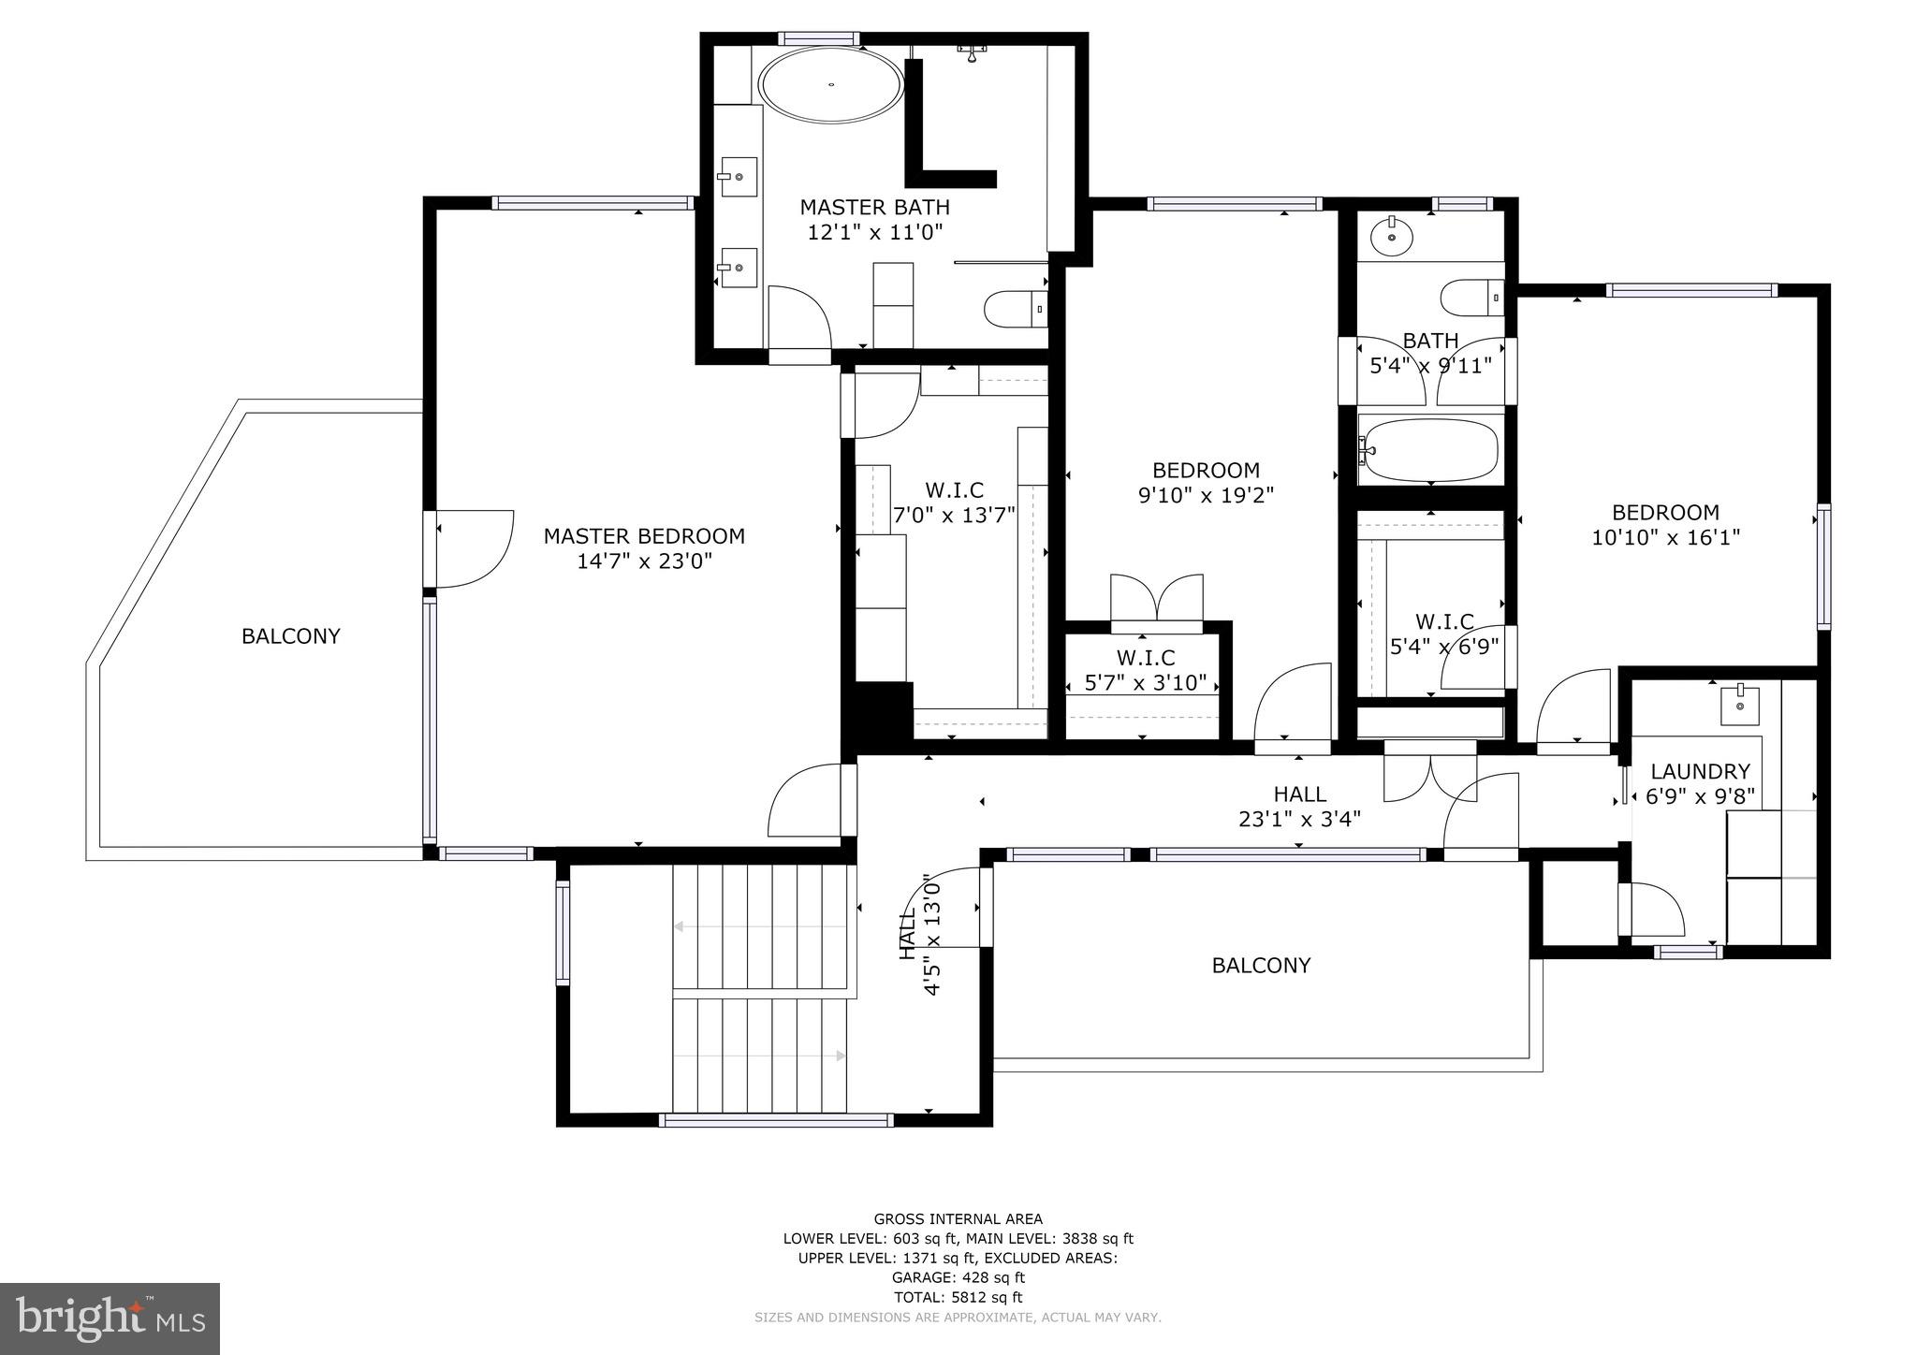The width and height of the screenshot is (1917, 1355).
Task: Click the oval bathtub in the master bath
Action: (x=831, y=85)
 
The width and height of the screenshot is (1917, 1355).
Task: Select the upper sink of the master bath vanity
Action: (x=739, y=176)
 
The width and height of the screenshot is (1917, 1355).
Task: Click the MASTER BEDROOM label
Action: (x=644, y=536)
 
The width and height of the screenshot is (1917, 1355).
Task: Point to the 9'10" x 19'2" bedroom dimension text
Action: (x=1206, y=495)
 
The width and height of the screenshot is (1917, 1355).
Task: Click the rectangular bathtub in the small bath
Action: (x=1430, y=450)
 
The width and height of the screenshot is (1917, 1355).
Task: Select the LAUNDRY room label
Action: (x=1699, y=771)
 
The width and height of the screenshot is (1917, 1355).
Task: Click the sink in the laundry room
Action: (x=1739, y=704)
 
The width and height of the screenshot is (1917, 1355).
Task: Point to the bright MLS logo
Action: (x=110, y=1318)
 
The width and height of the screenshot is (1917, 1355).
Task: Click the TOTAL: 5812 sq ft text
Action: (x=958, y=1297)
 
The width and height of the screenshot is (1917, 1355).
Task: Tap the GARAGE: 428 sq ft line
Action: (x=958, y=1277)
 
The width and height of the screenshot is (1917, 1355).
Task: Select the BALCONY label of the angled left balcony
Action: (x=290, y=636)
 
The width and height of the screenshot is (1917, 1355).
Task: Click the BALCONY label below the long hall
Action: (x=1261, y=965)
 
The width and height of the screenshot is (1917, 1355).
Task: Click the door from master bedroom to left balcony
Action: (x=473, y=548)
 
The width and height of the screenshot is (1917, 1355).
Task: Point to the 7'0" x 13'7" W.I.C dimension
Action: (x=954, y=516)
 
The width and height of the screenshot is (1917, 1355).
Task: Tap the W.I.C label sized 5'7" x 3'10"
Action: (x=1145, y=658)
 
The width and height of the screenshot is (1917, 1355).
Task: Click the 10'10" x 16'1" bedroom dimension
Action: (x=1665, y=538)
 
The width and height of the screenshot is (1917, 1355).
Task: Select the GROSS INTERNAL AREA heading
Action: (x=958, y=1218)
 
